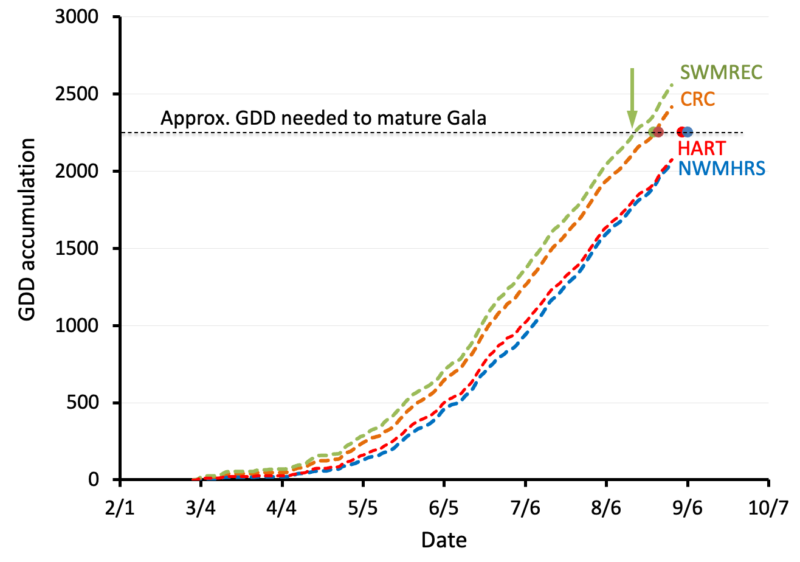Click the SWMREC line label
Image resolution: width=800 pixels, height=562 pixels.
point(722,72)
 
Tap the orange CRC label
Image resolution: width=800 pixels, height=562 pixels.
point(697,99)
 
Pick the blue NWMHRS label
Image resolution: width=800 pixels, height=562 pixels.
point(722,168)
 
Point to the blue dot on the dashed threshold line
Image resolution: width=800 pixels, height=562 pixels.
point(688,132)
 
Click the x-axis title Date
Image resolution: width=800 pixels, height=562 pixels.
point(444,539)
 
